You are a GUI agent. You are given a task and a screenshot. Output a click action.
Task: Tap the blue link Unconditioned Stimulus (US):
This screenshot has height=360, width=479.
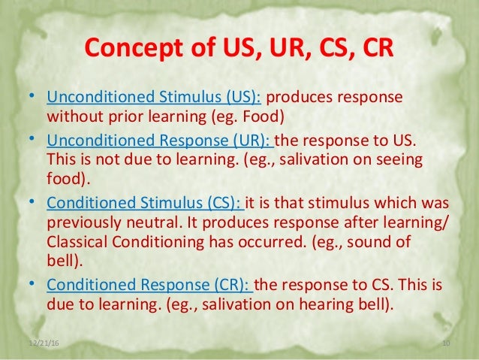[x=155, y=98]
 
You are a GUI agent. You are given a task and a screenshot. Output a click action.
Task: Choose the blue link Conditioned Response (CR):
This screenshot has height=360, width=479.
[x=151, y=286]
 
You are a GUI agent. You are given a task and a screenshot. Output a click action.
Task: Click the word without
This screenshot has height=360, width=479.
[x=71, y=116]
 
